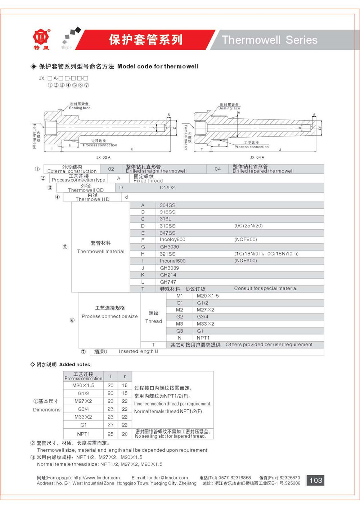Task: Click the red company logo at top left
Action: tap(41, 37)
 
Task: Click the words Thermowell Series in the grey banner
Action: tap(269, 40)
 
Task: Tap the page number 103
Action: tap(315, 480)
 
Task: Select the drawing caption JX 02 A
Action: tap(103, 157)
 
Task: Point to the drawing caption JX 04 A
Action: tap(257, 157)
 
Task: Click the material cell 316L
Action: tap(166, 219)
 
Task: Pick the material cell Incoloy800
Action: tap(172, 239)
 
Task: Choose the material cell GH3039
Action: tap(169, 268)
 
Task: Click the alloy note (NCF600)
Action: tap(246, 261)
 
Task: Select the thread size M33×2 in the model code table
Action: tap(205, 324)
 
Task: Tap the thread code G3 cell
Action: tap(179, 331)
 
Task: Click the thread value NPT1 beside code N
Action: tap(203, 338)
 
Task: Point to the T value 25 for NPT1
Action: tap(111, 434)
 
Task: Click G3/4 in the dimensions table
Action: tap(83, 409)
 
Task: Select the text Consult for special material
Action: tap(266, 288)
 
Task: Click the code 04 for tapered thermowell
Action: tap(217, 169)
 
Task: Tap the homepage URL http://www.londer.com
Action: tap(96, 478)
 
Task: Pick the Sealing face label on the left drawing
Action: tap(80, 108)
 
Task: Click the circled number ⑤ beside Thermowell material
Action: tap(65, 247)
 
